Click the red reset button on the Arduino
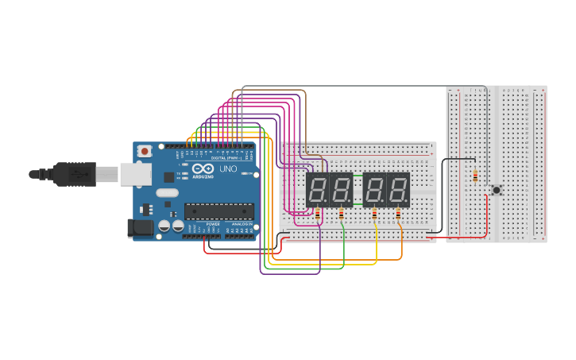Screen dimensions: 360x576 [x=145, y=151]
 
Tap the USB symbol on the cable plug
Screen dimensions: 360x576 [x=77, y=172]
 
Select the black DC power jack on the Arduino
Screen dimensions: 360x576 [x=141, y=228]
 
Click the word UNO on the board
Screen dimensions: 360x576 [x=228, y=169]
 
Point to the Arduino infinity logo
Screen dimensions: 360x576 [x=203, y=168]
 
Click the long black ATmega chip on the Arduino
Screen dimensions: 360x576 [x=219, y=211]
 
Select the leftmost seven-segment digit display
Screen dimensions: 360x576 [x=318, y=190]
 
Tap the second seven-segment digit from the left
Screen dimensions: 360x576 [x=341, y=190]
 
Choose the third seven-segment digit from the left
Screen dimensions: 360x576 [x=374, y=190]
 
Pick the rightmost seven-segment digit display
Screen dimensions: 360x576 [x=398, y=190]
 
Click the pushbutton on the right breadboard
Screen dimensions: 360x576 [x=497, y=190]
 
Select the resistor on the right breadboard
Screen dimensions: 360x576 [x=475, y=176]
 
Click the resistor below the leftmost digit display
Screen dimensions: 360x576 [x=318, y=214]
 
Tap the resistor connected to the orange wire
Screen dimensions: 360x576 [x=398, y=214]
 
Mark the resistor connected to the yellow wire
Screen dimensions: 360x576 [x=374, y=214]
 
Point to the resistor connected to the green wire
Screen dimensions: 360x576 [x=342, y=214]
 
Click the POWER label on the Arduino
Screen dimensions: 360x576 [x=213, y=224]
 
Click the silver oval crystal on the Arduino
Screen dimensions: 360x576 [x=168, y=192]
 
